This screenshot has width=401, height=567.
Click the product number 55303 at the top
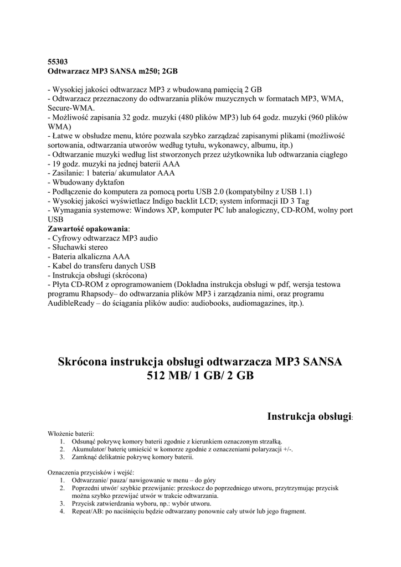tap(58, 63)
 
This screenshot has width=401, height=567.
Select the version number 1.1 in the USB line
tap(300, 192)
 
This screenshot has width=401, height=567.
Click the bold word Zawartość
tap(69, 229)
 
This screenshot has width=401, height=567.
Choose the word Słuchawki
tap(71, 247)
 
